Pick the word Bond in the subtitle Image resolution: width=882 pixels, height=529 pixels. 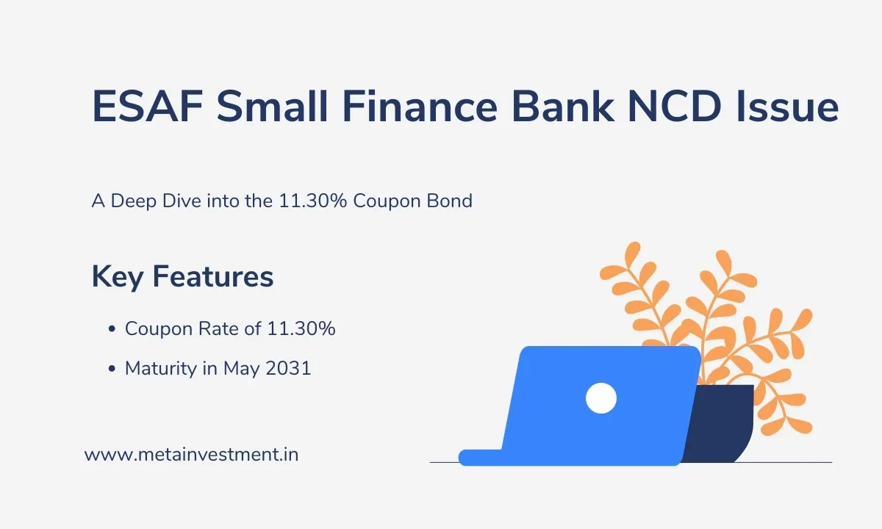pos(450,201)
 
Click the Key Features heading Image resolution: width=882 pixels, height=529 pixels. pos(182,277)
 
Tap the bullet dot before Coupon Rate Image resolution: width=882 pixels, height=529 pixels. pos(112,330)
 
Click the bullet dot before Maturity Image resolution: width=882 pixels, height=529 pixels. pos(112,369)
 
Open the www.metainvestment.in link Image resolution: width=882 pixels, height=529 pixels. pos(191,455)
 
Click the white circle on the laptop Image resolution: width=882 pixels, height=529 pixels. pos(600,398)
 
